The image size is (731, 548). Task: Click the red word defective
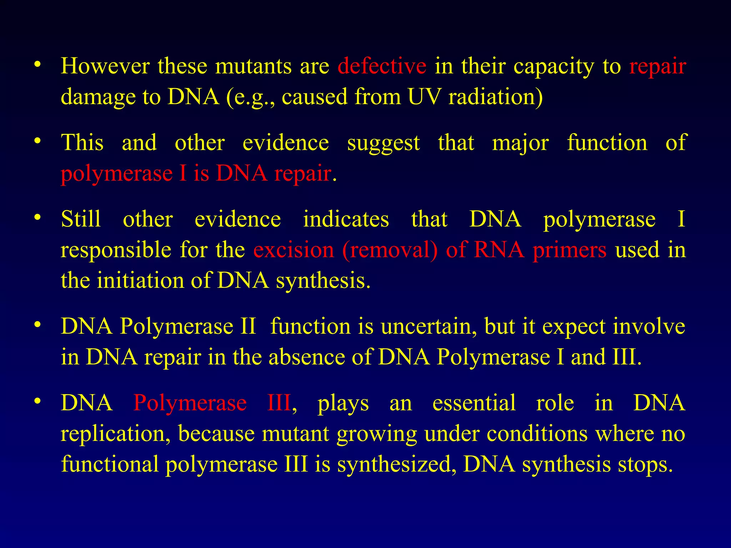click(x=382, y=66)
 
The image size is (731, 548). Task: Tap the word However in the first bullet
click(x=105, y=66)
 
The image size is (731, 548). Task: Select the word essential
click(x=474, y=403)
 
